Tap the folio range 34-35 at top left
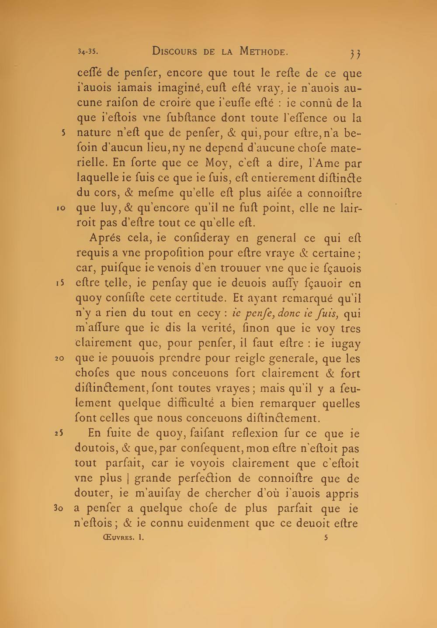coord(87,52)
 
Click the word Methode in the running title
coord(264,52)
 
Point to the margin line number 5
coord(63,133)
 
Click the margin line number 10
coord(62,208)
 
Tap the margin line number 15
coord(61,283)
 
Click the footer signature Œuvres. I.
coord(123,538)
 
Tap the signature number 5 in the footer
coord(326,538)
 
